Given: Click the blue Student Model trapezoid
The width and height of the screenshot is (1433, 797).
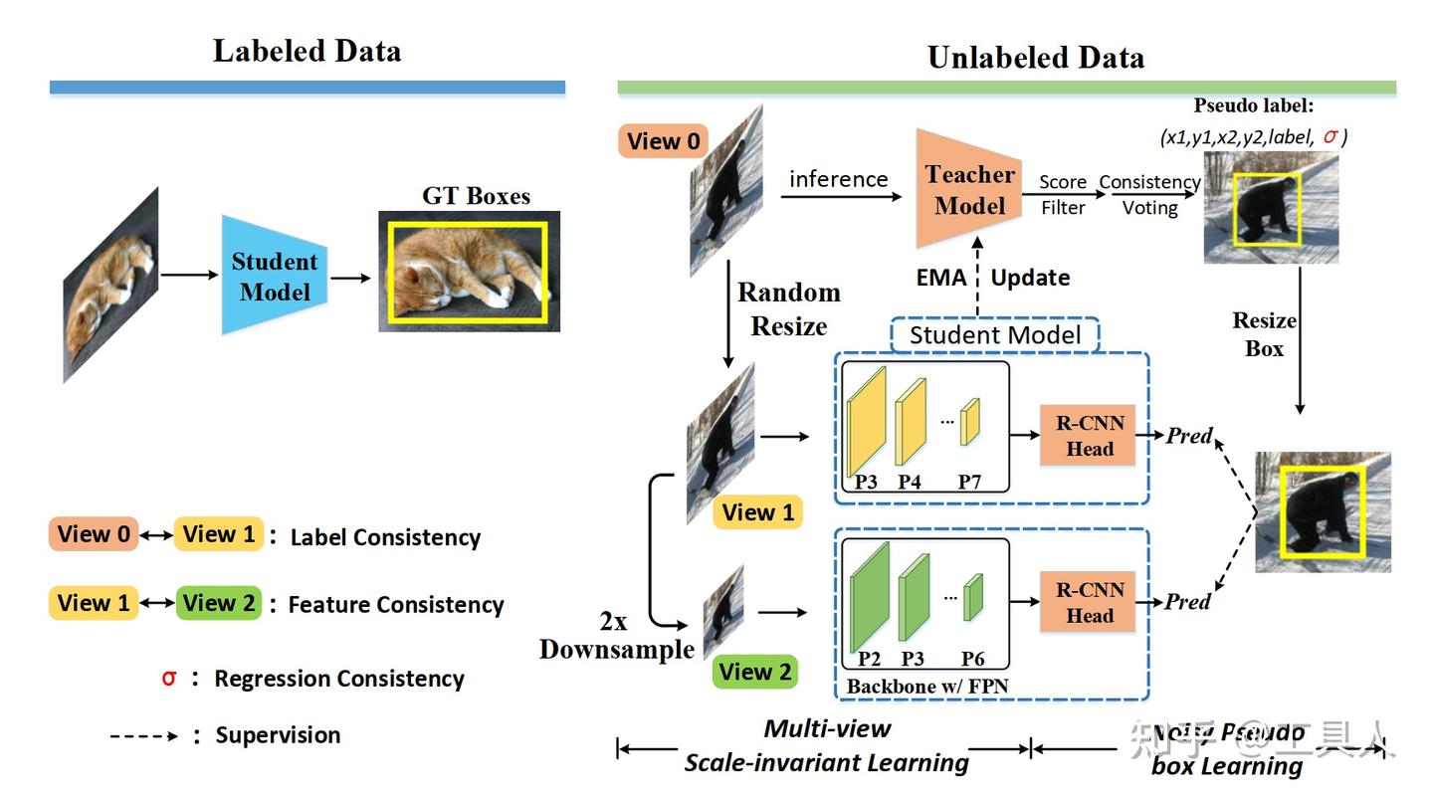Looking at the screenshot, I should pyautogui.click(x=274, y=276).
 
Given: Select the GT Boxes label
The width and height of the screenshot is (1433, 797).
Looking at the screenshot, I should pyautogui.click(x=476, y=195).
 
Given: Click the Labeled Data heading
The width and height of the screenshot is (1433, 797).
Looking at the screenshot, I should pyautogui.click(x=307, y=52).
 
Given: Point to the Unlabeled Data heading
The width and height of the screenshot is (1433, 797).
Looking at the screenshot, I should pyautogui.click(x=1035, y=58).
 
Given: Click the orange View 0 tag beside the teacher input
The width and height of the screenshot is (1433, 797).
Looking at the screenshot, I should pyautogui.click(x=664, y=141).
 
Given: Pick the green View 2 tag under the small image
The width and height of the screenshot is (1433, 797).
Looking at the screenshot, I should pyautogui.click(x=757, y=673).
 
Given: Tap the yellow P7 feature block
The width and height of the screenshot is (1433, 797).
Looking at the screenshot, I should pyautogui.click(x=969, y=421).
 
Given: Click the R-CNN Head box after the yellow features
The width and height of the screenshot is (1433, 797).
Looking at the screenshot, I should pyautogui.click(x=1089, y=435).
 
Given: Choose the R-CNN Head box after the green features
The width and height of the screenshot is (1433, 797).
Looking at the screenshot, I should pyautogui.click(x=1089, y=603).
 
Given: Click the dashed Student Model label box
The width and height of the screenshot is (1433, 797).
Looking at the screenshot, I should pyautogui.click(x=995, y=335).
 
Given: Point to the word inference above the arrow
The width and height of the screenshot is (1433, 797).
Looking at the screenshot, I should pyautogui.click(x=838, y=179).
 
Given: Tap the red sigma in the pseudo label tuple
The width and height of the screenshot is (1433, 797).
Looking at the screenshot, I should pyautogui.click(x=1331, y=137).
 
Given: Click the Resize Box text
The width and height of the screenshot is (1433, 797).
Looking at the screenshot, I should pyautogui.click(x=1265, y=334).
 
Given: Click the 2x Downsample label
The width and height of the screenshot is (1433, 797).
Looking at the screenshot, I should pyautogui.click(x=617, y=636).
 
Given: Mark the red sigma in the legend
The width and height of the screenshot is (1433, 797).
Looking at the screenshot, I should pyautogui.click(x=169, y=678).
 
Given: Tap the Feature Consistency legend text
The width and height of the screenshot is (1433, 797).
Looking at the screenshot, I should pyautogui.click(x=395, y=604).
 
